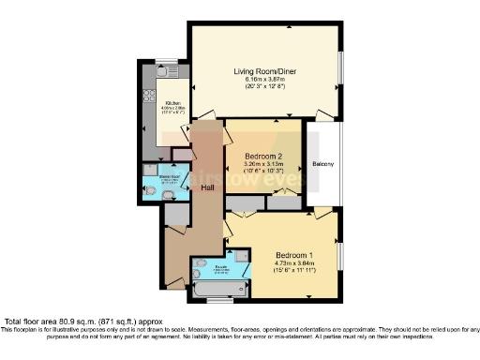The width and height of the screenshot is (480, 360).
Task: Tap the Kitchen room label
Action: click(x=173, y=103)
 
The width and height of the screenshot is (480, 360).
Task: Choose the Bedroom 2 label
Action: click(x=263, y=157)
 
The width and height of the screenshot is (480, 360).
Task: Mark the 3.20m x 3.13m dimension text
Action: click(x=263, y=165)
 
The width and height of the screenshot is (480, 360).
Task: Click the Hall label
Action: click(x=207, y=187)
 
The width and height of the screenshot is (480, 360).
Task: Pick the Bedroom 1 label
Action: click(x=294, y=255)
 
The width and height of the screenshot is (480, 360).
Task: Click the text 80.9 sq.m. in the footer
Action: click(x=77, y=322)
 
